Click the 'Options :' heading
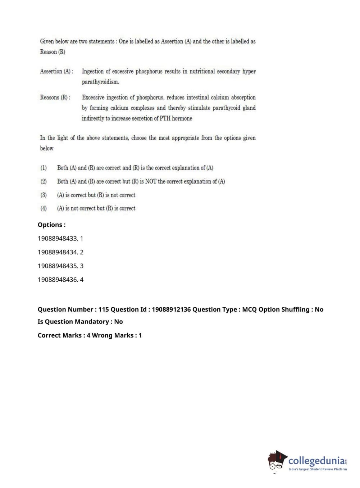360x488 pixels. tap(51, 225)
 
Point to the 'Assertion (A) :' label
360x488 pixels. tap(56, 71)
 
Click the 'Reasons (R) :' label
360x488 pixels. tap(55, 97)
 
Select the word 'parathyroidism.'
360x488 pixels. tap(100, 82)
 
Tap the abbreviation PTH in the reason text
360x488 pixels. tap(165, 118)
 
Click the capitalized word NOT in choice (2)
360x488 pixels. tap(151, 181)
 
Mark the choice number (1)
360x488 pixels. tap(44, 168)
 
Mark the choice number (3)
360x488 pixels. tap(44, 195)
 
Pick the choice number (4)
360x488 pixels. tap(44, 208)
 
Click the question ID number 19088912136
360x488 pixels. tap(171, 309)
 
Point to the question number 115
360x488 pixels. tap(104, 309)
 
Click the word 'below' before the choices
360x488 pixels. tap(47, 148)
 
